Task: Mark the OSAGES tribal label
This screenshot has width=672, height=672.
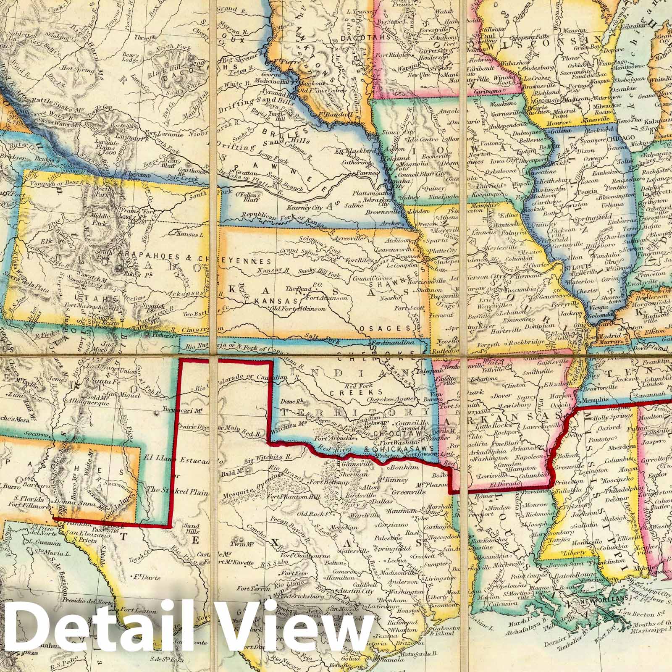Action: tap(394, 328)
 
